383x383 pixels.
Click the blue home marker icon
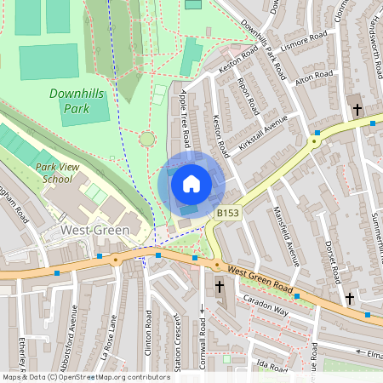click(x=191, y=183)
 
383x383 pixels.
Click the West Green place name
click(x=94, y=231)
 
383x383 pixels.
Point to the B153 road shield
click(x=227, y=213)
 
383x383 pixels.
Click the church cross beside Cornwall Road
click(x=220, y=288)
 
